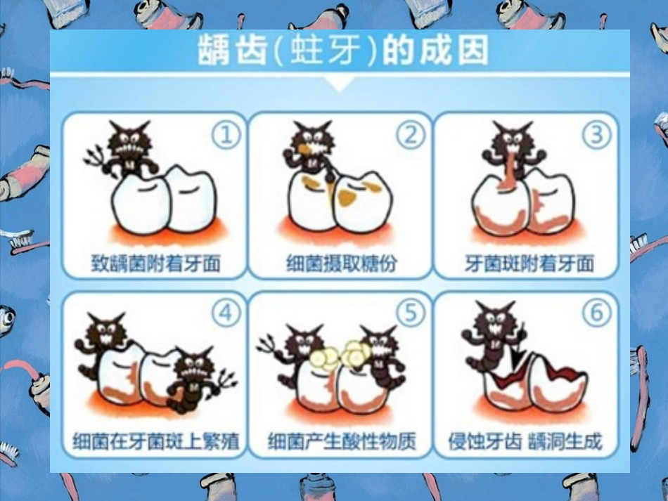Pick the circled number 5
pos(411,313)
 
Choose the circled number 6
pos(596,313)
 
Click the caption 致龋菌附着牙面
pos(156,263)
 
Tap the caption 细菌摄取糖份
pos(341,263)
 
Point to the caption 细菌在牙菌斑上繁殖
pos(156,442)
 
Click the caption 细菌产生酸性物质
pos(342,442)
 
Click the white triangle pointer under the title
pos(340,84)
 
